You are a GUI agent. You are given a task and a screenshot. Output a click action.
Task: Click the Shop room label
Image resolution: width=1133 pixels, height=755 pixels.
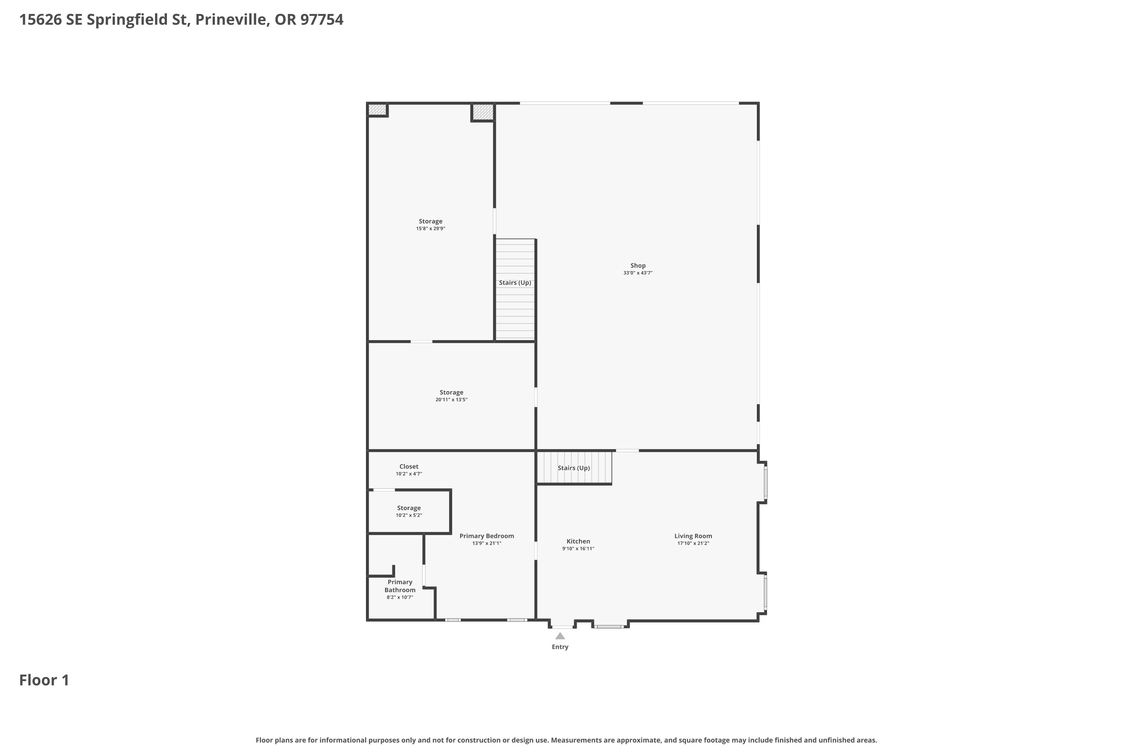[638, 265]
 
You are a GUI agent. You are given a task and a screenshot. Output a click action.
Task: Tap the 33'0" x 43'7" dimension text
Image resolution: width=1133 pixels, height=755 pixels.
[638, 273]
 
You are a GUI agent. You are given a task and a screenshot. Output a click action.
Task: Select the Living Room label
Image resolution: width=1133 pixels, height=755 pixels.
[693, 536]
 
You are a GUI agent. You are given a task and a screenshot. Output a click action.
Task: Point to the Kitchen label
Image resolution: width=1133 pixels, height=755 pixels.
[578, 541]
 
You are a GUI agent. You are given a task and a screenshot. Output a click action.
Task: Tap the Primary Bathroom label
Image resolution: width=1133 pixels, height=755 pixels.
[400, 586]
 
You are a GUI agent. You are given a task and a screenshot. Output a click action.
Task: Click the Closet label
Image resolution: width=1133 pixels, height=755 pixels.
[409, 467]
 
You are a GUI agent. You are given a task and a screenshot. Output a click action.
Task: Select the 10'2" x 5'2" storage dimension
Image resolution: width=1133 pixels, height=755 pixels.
[409, 515]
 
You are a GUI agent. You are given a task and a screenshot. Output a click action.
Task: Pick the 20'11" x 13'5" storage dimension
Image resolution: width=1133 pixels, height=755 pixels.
[451, 400]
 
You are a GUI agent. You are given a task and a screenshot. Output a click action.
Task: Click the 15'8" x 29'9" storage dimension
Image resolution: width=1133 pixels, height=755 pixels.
[431, 229]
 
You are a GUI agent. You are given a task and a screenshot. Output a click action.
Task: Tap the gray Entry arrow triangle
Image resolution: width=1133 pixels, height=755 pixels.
[560, 636]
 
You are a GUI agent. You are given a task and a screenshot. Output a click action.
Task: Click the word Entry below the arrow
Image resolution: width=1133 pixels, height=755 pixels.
[560, 647]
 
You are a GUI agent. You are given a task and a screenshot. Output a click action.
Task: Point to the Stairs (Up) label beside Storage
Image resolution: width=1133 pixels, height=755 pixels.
[515, 283]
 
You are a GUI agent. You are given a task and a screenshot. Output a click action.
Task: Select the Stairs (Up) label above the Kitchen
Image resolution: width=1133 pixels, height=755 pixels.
[574, 468]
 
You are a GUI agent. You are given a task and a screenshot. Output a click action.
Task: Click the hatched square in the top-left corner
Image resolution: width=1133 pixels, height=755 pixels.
[377, 110]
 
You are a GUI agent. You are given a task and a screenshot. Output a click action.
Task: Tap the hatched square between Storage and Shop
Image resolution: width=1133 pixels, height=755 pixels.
[483, 112]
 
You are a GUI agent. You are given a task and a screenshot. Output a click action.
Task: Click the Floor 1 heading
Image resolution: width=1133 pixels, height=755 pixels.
[44, 680]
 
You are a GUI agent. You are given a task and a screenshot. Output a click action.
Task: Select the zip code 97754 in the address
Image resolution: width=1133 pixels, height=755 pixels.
[322, 20]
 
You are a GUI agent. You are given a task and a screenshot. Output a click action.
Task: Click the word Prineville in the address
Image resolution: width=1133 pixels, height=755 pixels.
[232, 20]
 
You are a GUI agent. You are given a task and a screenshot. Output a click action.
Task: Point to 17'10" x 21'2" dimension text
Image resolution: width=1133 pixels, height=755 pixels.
[693, 544]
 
